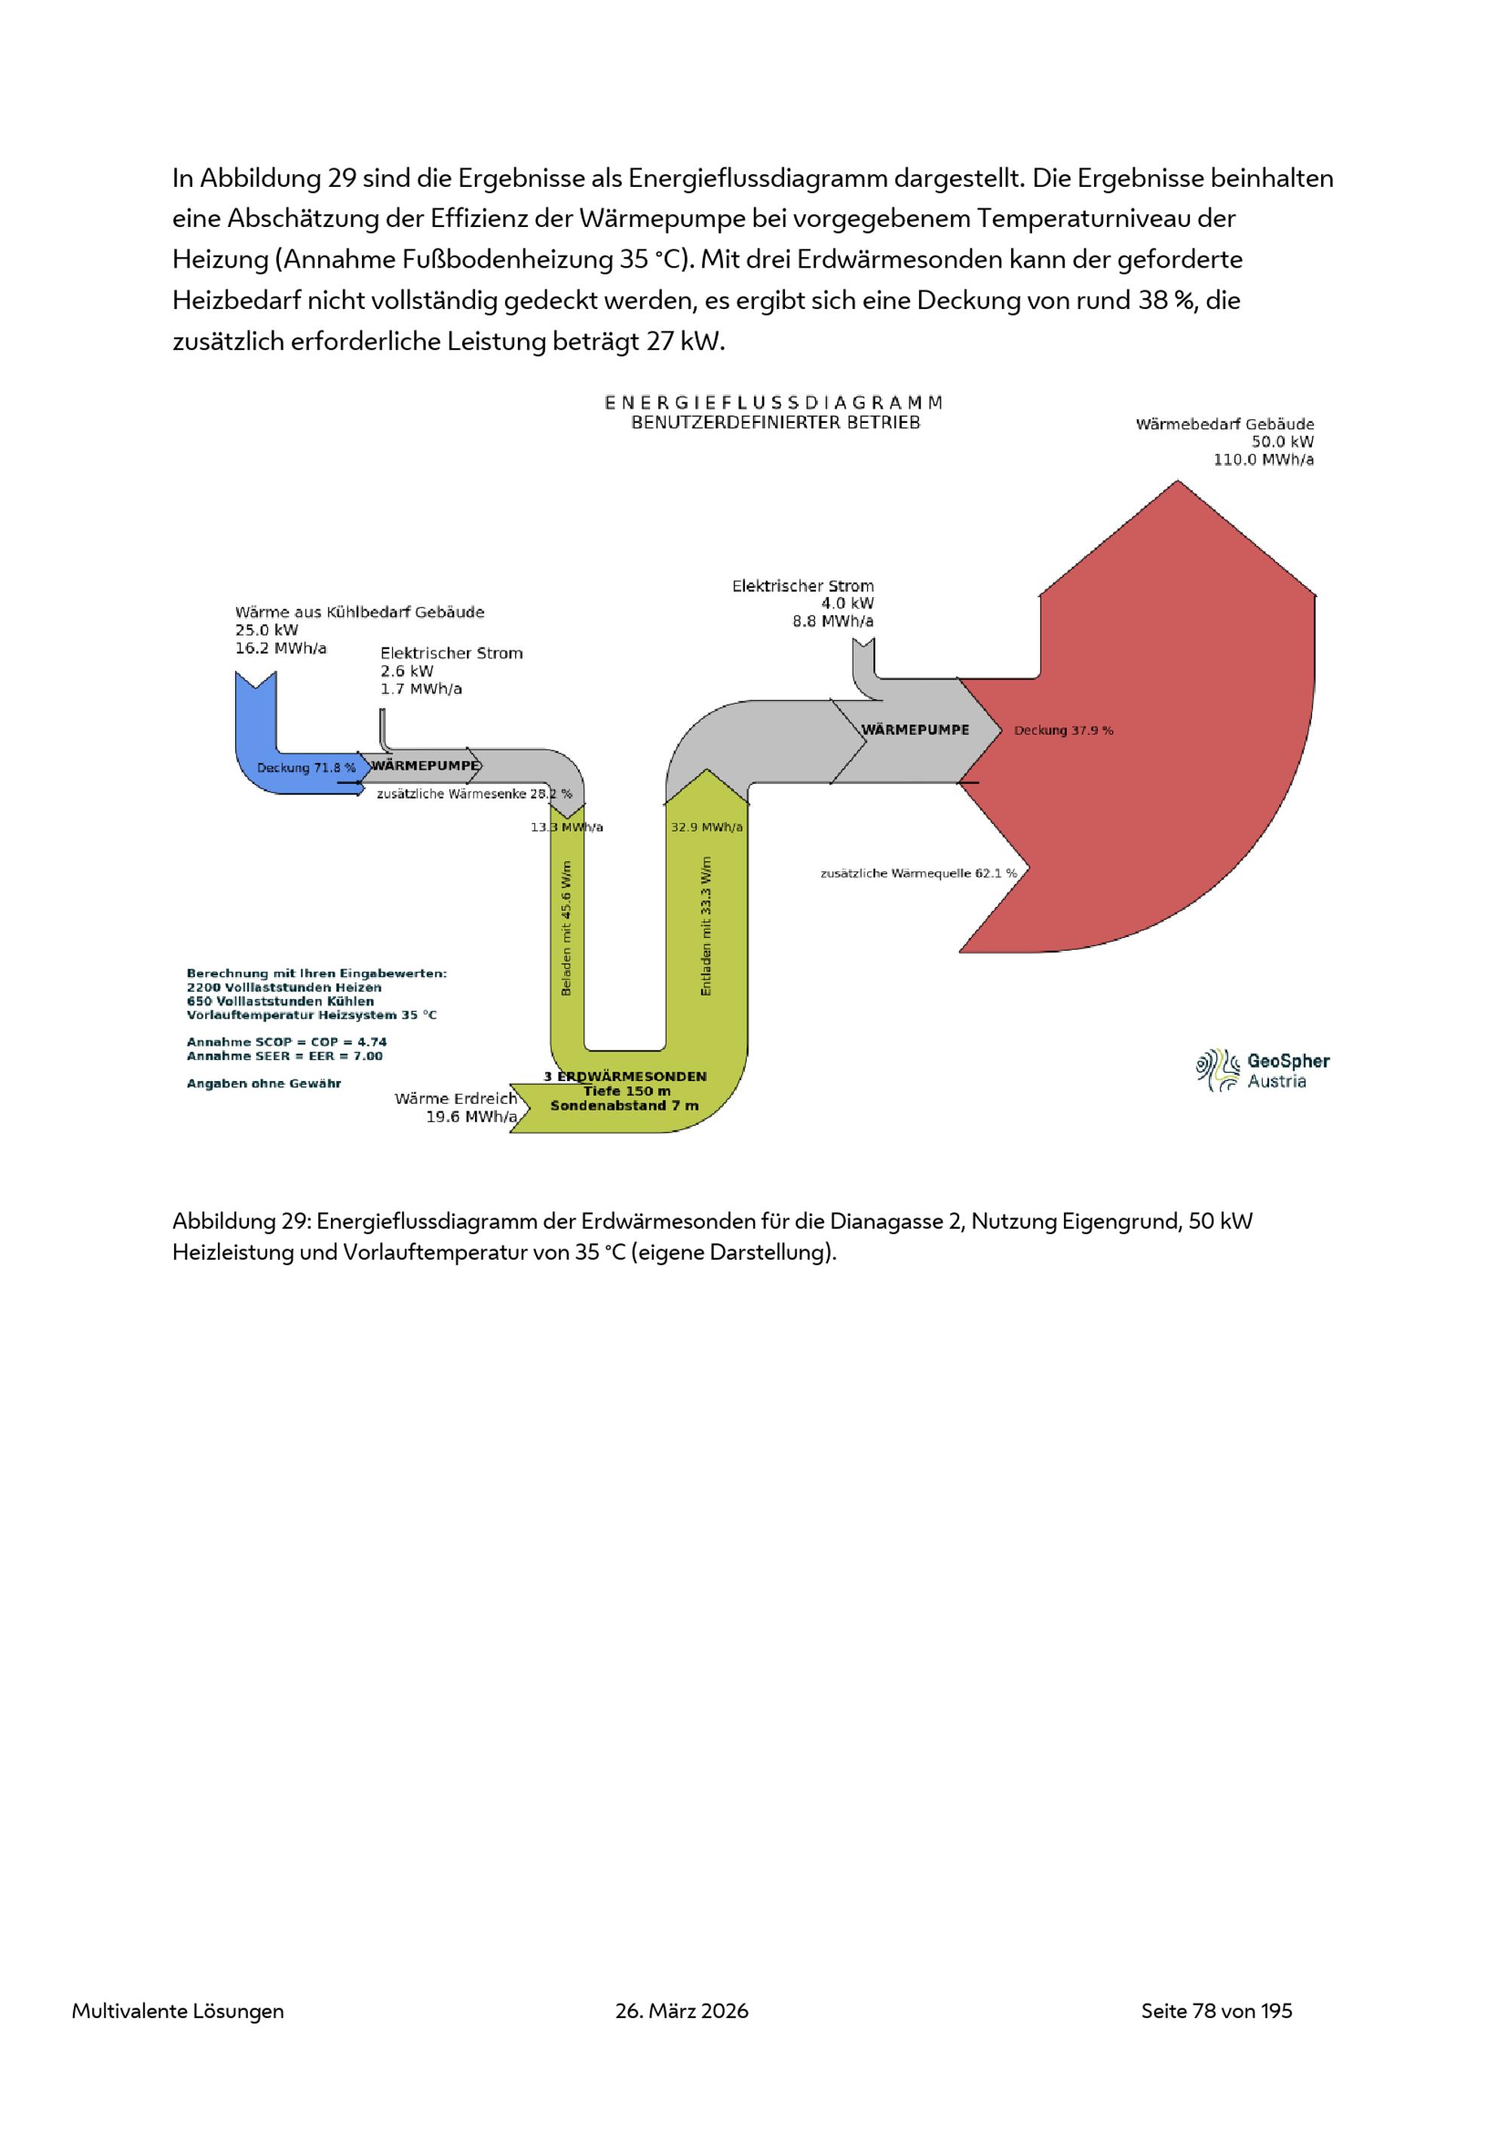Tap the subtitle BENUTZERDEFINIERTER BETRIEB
point(775,422)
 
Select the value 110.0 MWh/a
point(1263,460)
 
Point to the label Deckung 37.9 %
point(1063,731)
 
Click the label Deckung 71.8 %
point(306,768)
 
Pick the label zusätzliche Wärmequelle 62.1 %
point(918,874)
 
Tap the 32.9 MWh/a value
point(706,827)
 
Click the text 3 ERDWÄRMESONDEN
point(625,1077)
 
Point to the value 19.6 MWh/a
point(470,1117)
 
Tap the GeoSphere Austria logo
point(1263,1071)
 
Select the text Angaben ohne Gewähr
point(264,1083)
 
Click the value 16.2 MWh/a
point(280,648)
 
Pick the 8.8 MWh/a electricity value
point(833,622)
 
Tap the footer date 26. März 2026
point(682,2011)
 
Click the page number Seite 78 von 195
point(1216,2011)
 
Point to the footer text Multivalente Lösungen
point(178,2012)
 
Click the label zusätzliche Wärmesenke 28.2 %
point(474,794)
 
